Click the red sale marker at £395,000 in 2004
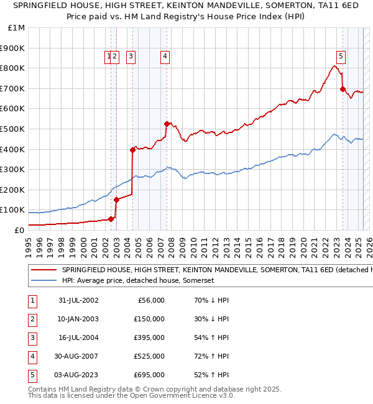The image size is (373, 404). click(x=132, y=150)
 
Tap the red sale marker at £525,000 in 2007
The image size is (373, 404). click(x=167, y=124)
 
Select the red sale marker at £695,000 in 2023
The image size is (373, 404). click(x=343, y=89)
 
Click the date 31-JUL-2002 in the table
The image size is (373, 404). click(x=78, y=300)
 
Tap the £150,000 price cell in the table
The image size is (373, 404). click(x=149, y=319)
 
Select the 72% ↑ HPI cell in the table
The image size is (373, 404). click(x=211, y=356)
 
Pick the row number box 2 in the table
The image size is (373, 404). click(x=30, y=319)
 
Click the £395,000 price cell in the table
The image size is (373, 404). click(x=149, y=337)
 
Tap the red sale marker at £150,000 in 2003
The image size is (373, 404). click(x=116, y=200)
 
